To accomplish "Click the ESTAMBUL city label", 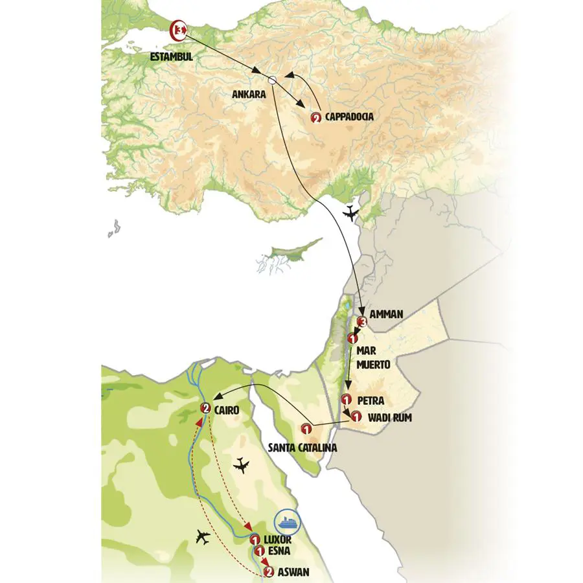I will (171, 57).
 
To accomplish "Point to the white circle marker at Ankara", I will (273, 80).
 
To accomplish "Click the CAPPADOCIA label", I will (349, 117).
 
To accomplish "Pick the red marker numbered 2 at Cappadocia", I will (315, 118).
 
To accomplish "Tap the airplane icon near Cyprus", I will (351, 213).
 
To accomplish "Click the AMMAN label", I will (387, 315).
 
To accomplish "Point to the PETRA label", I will (371, 401).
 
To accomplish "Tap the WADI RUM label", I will (389, 417).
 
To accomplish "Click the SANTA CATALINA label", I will (303, 448).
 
